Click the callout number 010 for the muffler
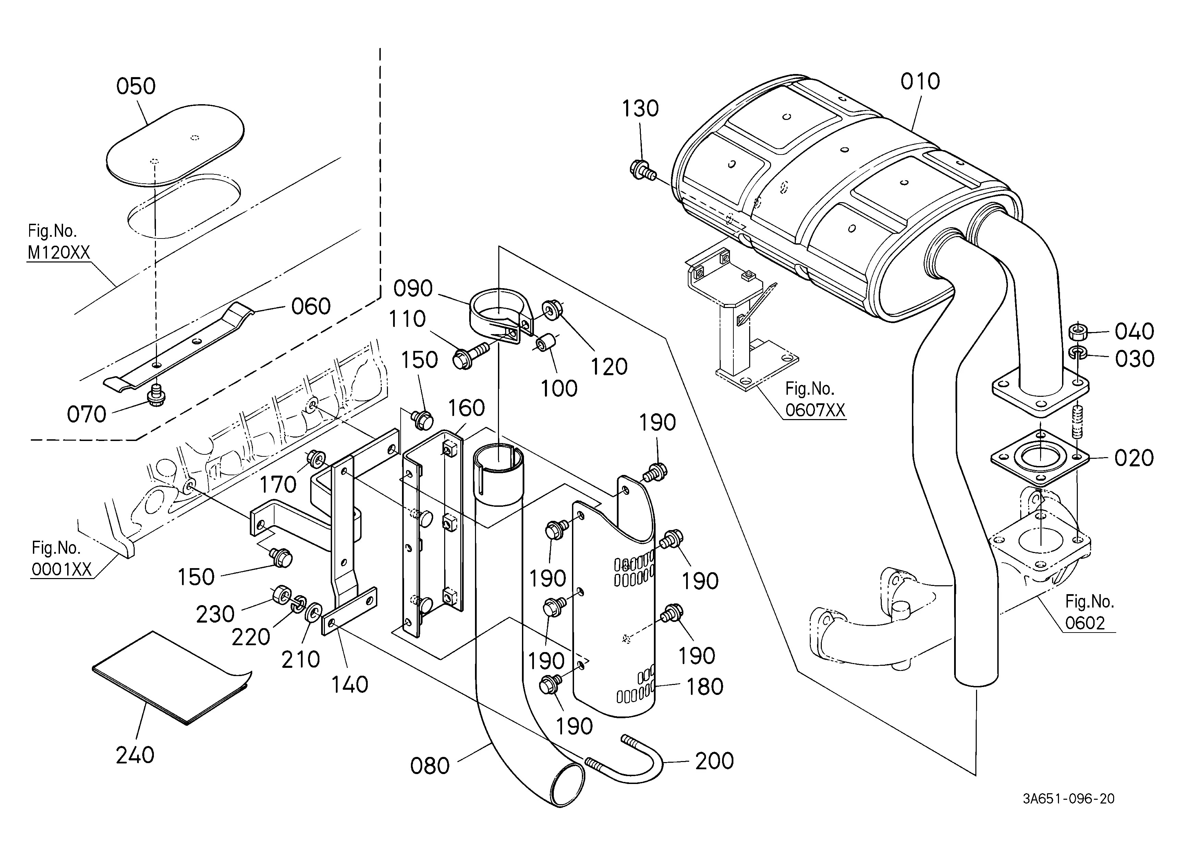point(921,82)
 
